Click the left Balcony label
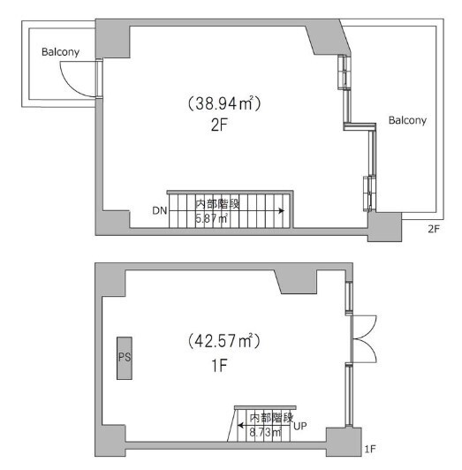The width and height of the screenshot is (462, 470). point(60,52)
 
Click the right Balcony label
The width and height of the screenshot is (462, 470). point(407,120)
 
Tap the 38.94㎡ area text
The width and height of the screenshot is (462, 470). point(224,103)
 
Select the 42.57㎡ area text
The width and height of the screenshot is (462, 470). point(223,341)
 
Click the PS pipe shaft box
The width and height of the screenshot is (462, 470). point(125,358)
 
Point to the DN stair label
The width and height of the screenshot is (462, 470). point(160,211)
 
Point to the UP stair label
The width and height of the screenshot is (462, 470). point(300,426)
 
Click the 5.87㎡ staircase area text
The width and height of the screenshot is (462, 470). point(211,218)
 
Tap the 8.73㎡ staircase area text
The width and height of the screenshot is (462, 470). point(265,432)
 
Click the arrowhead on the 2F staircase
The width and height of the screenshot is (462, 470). point(282,211)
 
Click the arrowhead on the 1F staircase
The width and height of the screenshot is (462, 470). point(240,425)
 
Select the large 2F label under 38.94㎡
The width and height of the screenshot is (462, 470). point(219,125)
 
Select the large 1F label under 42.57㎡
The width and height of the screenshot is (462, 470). point(219,366)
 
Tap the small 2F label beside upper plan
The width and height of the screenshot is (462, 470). point(434,230)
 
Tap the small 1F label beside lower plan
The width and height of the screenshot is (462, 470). point(370,449)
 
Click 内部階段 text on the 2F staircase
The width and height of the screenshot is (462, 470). point(217,204)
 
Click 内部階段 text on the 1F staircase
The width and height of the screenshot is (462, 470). point(271,418)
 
